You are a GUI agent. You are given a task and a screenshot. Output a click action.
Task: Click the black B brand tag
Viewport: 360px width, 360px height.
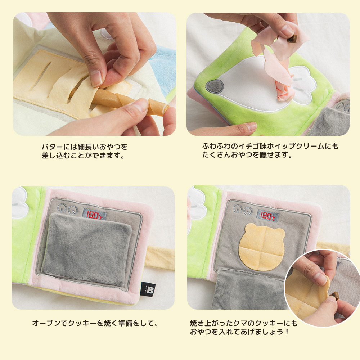pos(148,289)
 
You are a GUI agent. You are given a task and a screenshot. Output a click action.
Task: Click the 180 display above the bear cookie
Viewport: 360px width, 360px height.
pos(267,216)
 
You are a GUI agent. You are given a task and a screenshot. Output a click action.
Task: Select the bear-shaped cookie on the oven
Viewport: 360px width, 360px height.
pos(262,247)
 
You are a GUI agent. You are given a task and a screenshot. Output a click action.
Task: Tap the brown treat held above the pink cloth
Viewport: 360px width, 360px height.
pos(292,39)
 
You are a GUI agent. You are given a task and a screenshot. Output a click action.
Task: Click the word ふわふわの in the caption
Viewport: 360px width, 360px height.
pos(220,146)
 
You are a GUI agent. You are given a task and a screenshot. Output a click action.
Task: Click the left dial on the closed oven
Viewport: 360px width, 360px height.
pos(62,208)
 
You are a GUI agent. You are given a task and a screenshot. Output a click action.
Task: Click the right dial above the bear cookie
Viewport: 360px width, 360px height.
pos(248,211)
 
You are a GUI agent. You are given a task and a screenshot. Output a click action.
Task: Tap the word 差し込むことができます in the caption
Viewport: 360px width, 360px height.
pos(83,156)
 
